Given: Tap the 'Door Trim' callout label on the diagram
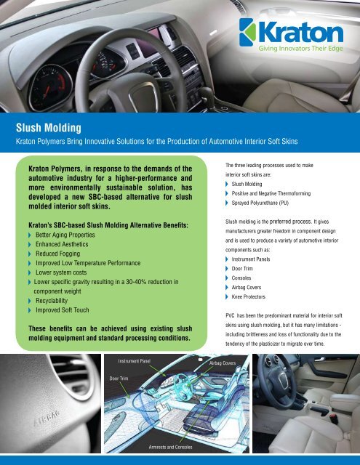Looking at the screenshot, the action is tap(122, 378).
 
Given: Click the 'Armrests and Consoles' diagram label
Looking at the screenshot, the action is tap(171, 447).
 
